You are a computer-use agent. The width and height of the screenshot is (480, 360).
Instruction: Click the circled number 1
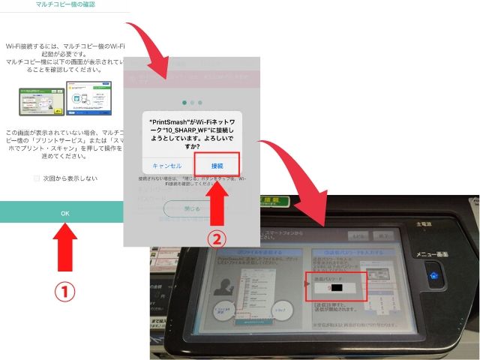point(66,291)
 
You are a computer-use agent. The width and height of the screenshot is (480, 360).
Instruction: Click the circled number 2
point(215,239)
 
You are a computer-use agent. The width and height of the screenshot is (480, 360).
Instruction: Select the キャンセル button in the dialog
point(166,165)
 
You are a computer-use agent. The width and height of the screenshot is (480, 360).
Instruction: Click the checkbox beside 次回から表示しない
point(37,178)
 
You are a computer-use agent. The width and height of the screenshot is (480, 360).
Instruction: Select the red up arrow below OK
point(65,250)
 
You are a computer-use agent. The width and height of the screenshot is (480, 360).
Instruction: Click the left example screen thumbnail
point(40,100)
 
